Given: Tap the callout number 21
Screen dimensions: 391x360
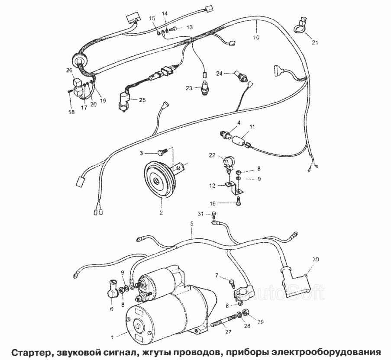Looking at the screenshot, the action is coord(315,42).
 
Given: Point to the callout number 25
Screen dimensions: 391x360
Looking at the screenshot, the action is coord(142,100).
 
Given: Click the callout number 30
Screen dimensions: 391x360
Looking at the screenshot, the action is coord(316,259).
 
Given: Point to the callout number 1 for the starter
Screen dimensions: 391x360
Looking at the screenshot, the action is coord(112,337).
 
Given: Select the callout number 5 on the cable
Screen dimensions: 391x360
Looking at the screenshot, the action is coord(191,224).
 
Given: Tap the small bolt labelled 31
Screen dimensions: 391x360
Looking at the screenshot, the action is coord(214,213).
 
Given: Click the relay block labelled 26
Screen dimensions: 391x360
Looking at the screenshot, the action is coord(77,85).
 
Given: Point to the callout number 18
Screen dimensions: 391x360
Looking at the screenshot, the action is coord(71,112).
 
